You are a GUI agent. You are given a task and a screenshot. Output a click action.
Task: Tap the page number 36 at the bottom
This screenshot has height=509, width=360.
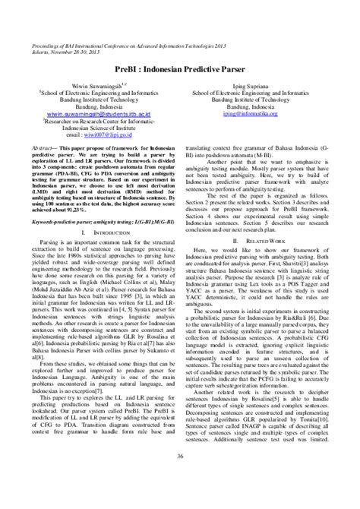point(180,477)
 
